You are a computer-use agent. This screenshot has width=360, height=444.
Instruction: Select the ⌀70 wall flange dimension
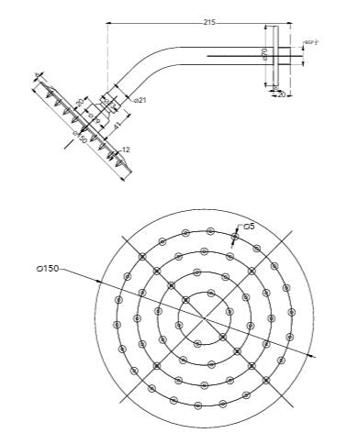(264, 54)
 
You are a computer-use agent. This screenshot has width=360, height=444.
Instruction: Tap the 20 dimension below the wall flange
(281, 94)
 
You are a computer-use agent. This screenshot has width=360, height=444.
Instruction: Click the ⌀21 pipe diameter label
(141, 98)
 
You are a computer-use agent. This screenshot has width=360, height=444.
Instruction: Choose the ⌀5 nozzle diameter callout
(248, 225)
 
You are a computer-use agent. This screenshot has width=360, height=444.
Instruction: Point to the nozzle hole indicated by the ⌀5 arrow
(234, 237)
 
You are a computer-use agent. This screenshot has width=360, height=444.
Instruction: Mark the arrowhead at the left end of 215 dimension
(109, 23)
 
